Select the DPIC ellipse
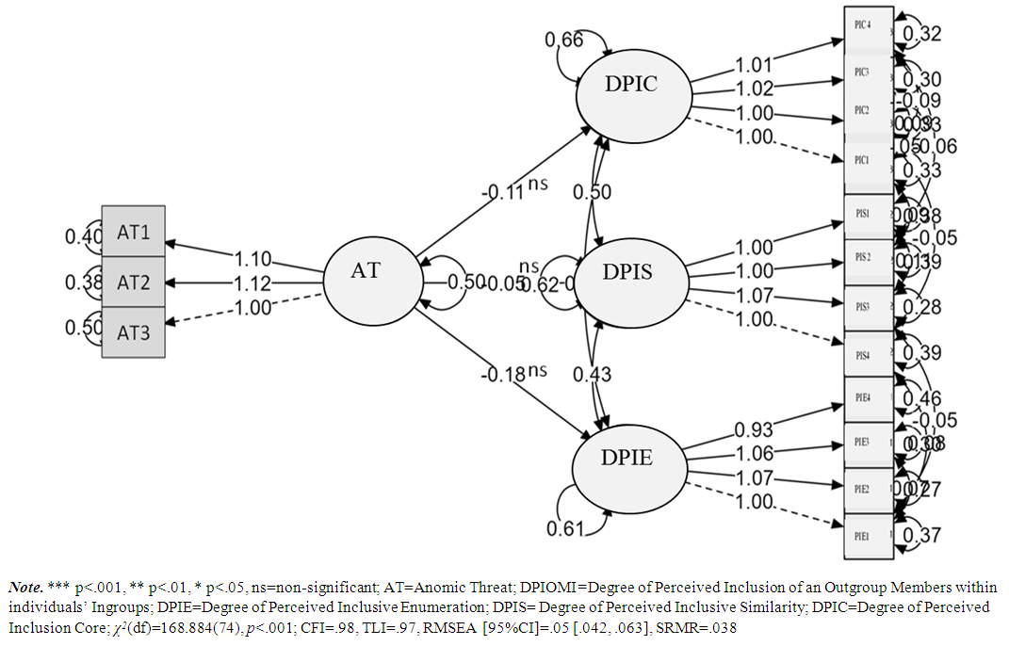[x=630, y=85]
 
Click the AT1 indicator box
[x=133, y=231]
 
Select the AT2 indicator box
[x=133, y=282]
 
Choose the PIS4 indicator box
[x=867, y=355]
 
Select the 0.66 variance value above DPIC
[x=563, y=40]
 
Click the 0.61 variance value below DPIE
[x=565, y=527]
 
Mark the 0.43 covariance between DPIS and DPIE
[x=592, y=375]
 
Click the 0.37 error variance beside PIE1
[x=921, y=536]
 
